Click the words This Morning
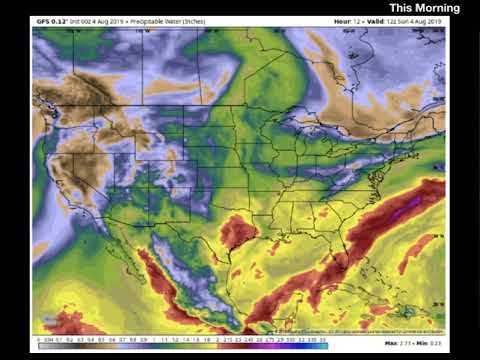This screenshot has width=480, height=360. (424, 9)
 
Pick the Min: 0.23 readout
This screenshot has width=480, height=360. (431, 342)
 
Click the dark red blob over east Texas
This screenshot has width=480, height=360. (238, 233)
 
